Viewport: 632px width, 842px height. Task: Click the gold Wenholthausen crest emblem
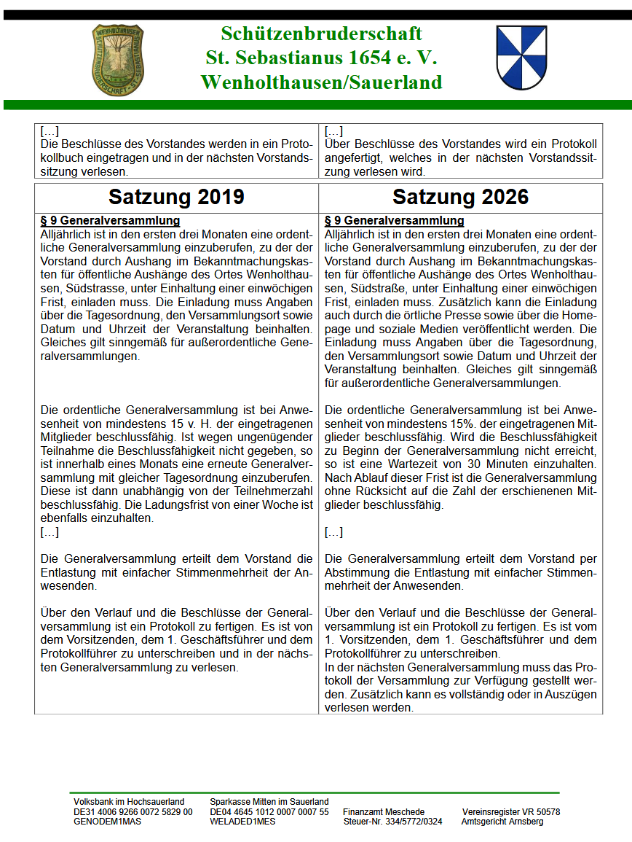(118, 59)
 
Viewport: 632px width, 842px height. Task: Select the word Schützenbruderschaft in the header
(322, 34)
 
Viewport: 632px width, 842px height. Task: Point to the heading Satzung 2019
(176, 197)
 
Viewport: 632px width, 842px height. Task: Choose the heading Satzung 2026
(460, 197)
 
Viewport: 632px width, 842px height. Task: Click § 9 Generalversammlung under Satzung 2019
(110, 220)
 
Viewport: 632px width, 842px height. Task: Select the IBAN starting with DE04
(269, 811)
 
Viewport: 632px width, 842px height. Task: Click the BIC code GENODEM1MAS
(107, 821)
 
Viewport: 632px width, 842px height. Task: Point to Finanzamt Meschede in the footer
(384, 811)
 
